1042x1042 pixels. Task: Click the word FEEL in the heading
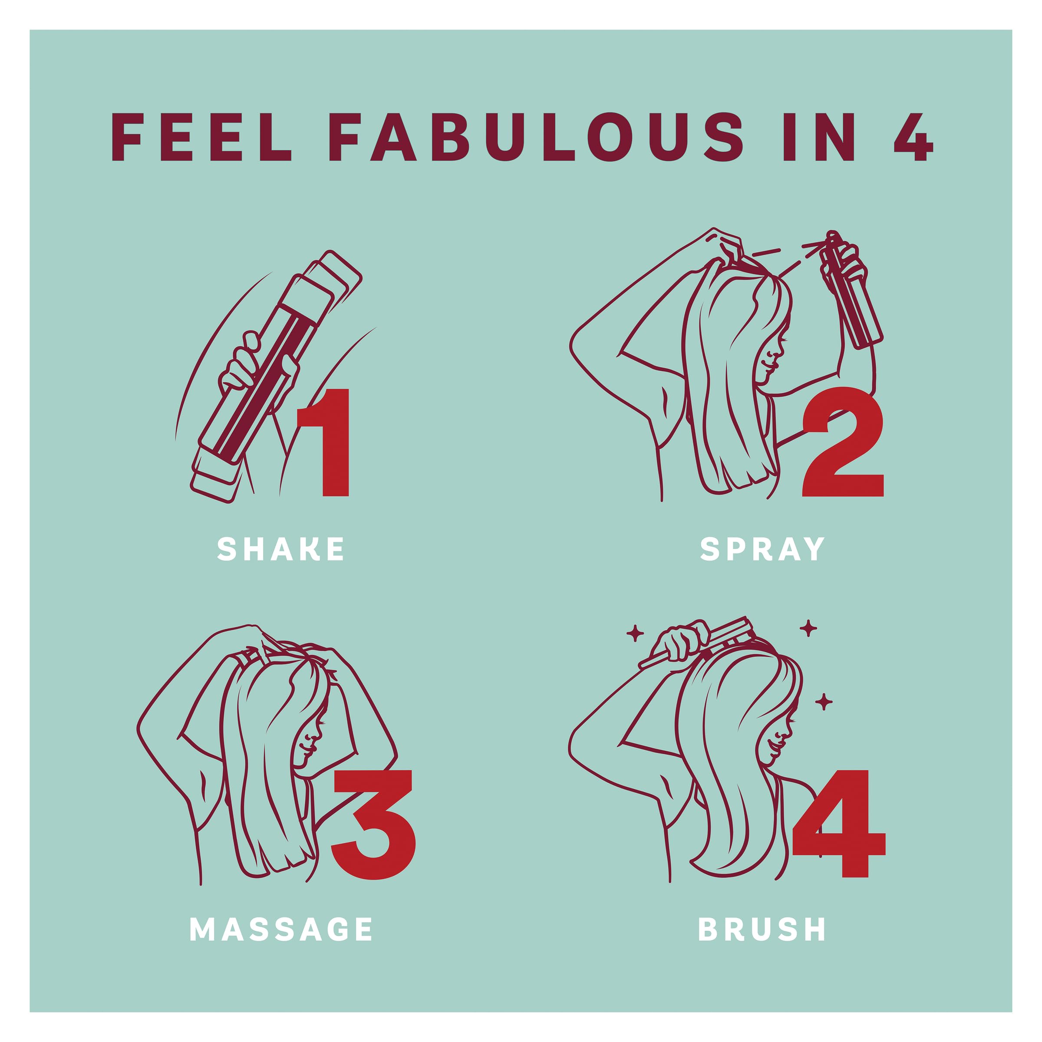(x=201, y=138)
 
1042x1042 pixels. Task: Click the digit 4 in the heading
(x=913, y=138)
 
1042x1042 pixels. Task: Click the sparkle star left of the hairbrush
(x=635, y=634)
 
